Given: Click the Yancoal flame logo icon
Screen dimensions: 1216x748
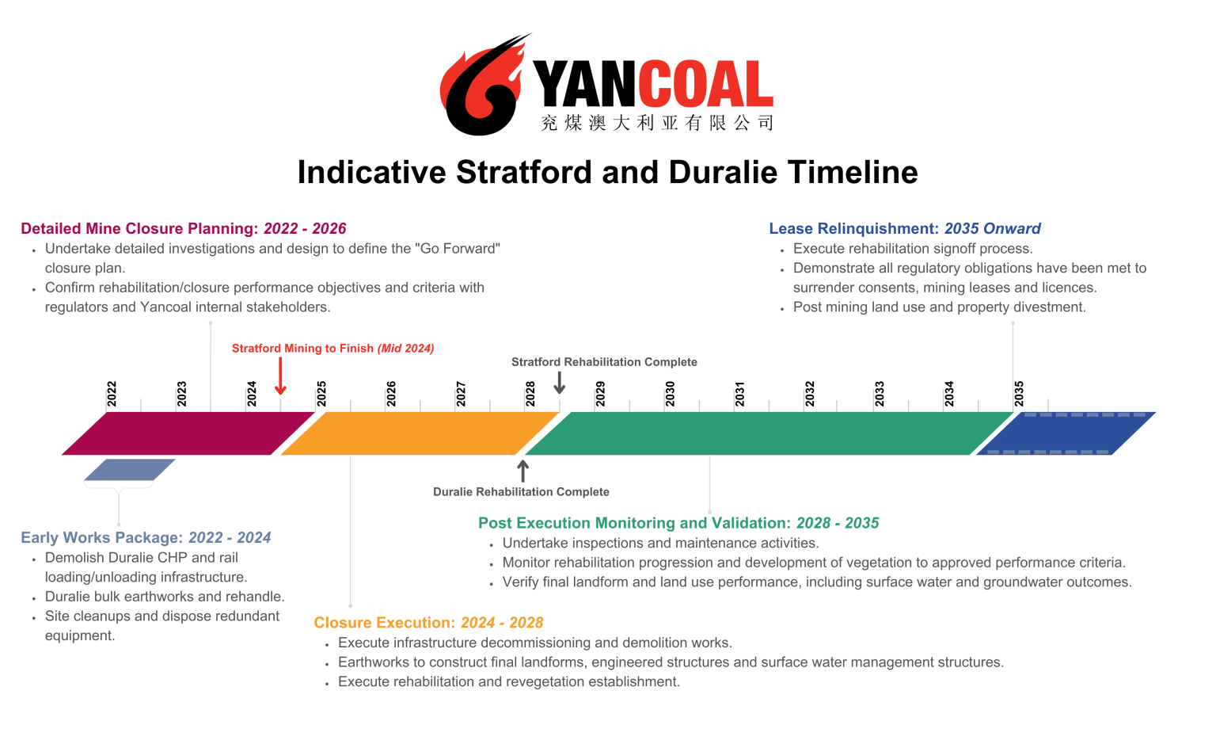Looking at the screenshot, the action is [x=483, y=86].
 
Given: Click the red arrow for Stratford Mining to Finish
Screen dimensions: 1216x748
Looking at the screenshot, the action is [x=280, y=376].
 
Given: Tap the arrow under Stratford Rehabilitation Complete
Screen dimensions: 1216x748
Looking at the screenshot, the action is [x=559, y=383].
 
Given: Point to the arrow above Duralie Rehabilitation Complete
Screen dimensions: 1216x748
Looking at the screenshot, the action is [x=522, y=471].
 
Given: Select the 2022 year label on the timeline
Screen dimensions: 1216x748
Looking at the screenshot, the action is [x=112, y=394].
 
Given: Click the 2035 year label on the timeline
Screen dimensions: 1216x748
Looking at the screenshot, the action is [x=1019, y=394].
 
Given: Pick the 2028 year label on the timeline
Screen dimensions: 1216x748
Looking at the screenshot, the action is [x=530, y=394].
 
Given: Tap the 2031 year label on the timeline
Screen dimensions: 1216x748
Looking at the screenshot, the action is [x=739, y=394].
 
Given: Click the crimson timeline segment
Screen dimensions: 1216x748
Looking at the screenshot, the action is [x=188, y=433].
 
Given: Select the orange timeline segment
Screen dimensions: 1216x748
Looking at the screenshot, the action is [x=420, y=433].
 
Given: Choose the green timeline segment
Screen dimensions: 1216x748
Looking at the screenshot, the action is [x=769, y=433].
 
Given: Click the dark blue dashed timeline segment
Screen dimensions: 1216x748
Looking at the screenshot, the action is [x=1066, y=433].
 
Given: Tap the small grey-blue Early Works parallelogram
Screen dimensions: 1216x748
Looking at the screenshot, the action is [x=130, y=470].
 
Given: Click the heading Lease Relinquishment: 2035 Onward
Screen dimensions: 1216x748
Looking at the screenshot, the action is [x=905, y=229].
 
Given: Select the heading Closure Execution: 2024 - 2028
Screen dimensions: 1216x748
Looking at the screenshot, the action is [x=428, y=623].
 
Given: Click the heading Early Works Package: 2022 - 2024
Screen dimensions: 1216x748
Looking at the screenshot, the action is [x=146, y=538].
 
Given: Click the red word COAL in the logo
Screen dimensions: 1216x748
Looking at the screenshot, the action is [x=705, y=84].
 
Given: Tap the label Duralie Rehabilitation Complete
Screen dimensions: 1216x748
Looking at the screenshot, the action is [x=521, y=492].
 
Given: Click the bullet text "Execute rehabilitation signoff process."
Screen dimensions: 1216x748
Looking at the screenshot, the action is [x=913, y=249].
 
